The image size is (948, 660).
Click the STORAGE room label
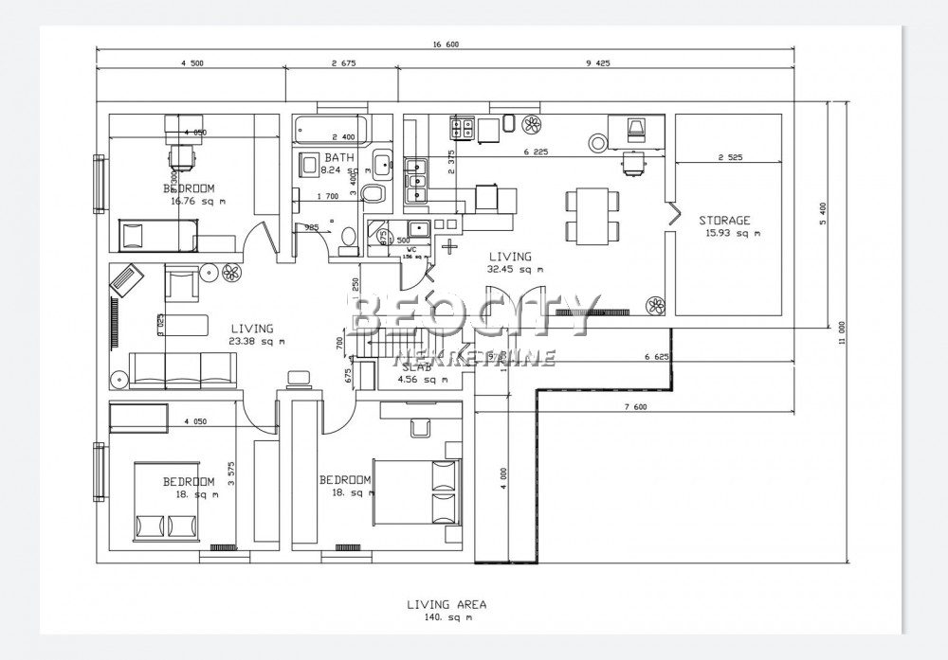[724, 221]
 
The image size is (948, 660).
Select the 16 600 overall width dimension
[446, 44]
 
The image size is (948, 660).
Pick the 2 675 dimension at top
[343, 62]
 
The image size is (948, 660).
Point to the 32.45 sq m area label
[516, 269]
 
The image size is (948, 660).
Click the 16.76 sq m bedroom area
[198, 201]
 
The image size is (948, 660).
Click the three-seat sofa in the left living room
[182, 368]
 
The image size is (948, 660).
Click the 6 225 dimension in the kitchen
[536, 152]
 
